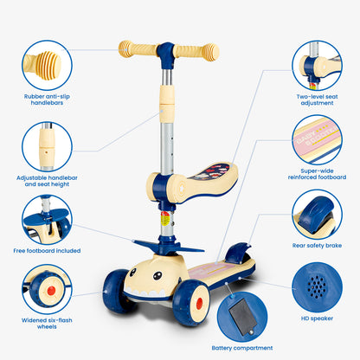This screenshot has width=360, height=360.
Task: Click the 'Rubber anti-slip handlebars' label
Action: pos(47,100)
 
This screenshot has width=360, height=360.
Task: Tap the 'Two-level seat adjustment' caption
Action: pos(317,100)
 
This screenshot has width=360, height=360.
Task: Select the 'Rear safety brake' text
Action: pos(317,246)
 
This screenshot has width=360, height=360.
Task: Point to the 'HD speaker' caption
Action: pos(317,318)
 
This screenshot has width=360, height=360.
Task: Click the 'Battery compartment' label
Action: pos(242,348)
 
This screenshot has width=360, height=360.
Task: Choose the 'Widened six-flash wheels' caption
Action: pos(47,324)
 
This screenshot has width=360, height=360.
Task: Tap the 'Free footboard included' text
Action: pos(47,251)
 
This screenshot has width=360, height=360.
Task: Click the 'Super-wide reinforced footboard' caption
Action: pos(317,174)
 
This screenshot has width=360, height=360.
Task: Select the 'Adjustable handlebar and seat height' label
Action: pos(47,181)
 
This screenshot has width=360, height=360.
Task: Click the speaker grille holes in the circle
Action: pos(317,286)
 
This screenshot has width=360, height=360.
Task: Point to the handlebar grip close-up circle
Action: pos(47,65)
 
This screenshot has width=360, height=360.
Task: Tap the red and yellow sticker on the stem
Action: pos(164,219)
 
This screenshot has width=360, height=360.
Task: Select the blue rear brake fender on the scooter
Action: pos(237,253)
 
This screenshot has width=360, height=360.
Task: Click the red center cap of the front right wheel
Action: pos(199,303)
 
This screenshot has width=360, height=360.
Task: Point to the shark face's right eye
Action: pos(157,275)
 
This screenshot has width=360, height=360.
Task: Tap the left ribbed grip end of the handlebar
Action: pos(125,49)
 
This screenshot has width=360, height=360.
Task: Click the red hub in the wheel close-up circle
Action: pos(51,291)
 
